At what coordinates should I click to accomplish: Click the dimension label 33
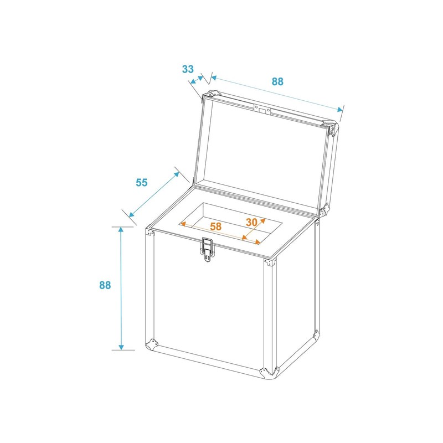coord(188,69)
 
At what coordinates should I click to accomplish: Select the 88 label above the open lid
coord(277,81)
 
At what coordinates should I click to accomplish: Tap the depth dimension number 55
coord(142,182)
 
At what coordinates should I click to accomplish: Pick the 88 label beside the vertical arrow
coord(105,285)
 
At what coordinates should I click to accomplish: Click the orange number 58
coord(215,226)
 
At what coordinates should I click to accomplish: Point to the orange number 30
coord(252,222)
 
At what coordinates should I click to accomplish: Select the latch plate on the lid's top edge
coord(262,109)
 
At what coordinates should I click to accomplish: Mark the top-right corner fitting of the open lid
coord(334,128)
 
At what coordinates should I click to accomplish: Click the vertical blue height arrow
coord(120,288)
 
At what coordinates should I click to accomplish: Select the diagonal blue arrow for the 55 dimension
coord(154,194)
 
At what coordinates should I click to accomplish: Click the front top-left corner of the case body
coord(150,232)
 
